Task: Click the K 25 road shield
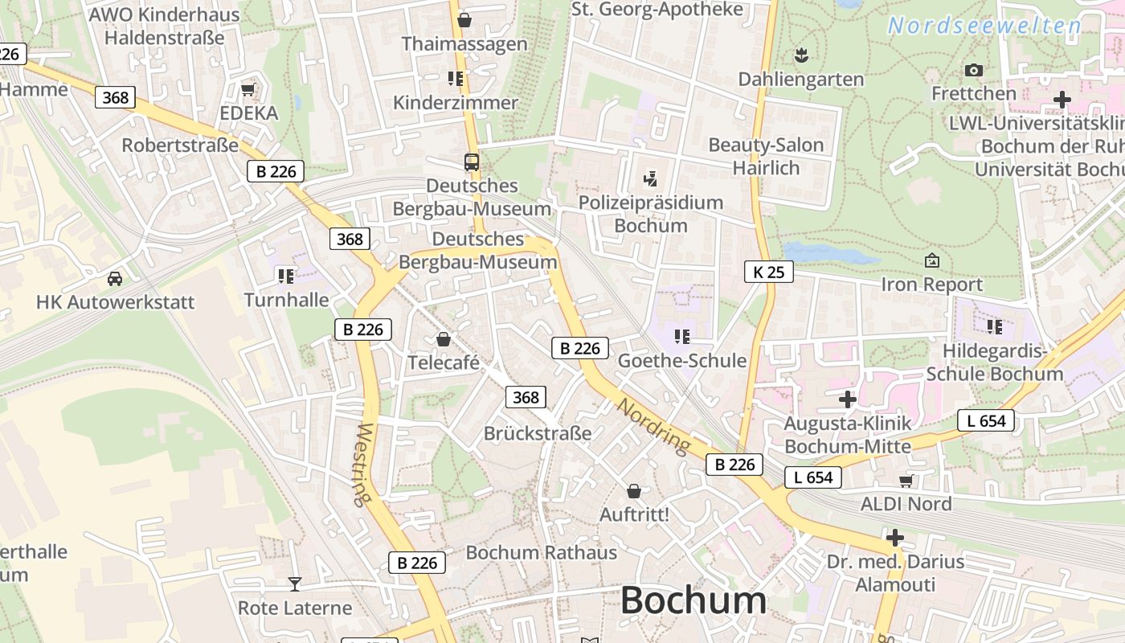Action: (x=768, y=272)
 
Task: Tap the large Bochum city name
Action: (x=693, y=600)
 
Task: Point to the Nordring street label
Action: (x=653, y=425)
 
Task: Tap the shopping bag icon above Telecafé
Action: (x=443, y=339)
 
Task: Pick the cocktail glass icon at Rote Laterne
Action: (x=295, y=584)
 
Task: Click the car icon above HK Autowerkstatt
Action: (x=115, y=279)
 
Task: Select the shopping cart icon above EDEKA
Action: (x=248, y=89)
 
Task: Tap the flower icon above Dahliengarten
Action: (x=800, y=55)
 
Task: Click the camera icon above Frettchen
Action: (x=974, y=70)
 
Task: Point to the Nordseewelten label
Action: (x=984, y=26)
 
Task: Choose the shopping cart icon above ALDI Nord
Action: (x=906, y=481)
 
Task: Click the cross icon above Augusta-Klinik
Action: (x=847, y=399)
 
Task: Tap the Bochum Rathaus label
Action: (x=542, y=552)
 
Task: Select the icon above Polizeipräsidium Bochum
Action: (x=651, y=178)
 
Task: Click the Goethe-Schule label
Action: (x=681, y=361)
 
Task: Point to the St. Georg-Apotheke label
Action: (x=657, y=10)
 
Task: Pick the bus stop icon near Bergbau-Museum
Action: (x=472, y=162)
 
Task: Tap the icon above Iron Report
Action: (x=932, y=260)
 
